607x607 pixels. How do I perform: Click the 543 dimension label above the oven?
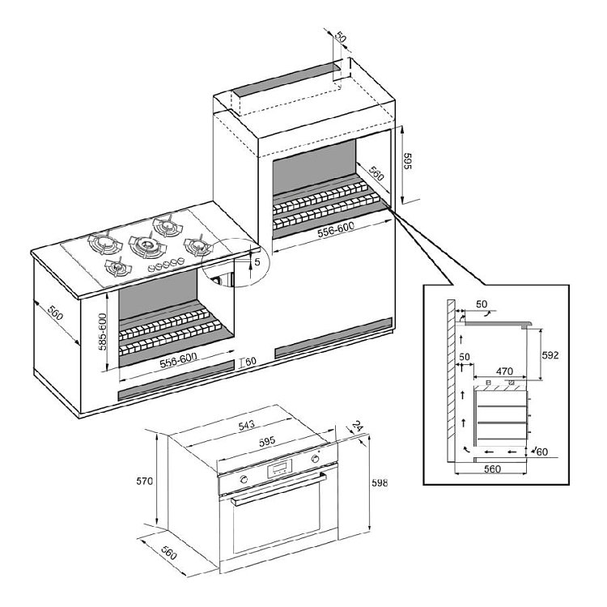click(246, 426)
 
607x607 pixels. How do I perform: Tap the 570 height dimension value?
click(144, 481)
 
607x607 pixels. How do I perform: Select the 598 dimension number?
click(380, 482)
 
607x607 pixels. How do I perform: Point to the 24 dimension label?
click(357, 427)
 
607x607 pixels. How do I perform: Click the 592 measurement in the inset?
click(550, 355)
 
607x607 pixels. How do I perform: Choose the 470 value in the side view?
click(504, 371)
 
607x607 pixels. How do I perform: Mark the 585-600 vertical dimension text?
click(103, 331)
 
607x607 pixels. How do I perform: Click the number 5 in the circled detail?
click(257, 262)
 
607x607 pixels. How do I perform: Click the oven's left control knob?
click(244, 479)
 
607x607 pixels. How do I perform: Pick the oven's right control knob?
click(315, 459)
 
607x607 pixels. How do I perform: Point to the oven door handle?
click(278, 489)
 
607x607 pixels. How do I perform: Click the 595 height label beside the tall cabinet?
click(407, 161)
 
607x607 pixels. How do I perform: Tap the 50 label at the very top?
click(340, 37)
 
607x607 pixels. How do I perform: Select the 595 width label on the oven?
click(267, 441)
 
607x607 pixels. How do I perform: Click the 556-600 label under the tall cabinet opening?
click(336, 230)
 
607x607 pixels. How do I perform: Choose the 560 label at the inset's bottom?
click(492, 469)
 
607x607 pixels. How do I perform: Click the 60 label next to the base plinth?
click(251, 361)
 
